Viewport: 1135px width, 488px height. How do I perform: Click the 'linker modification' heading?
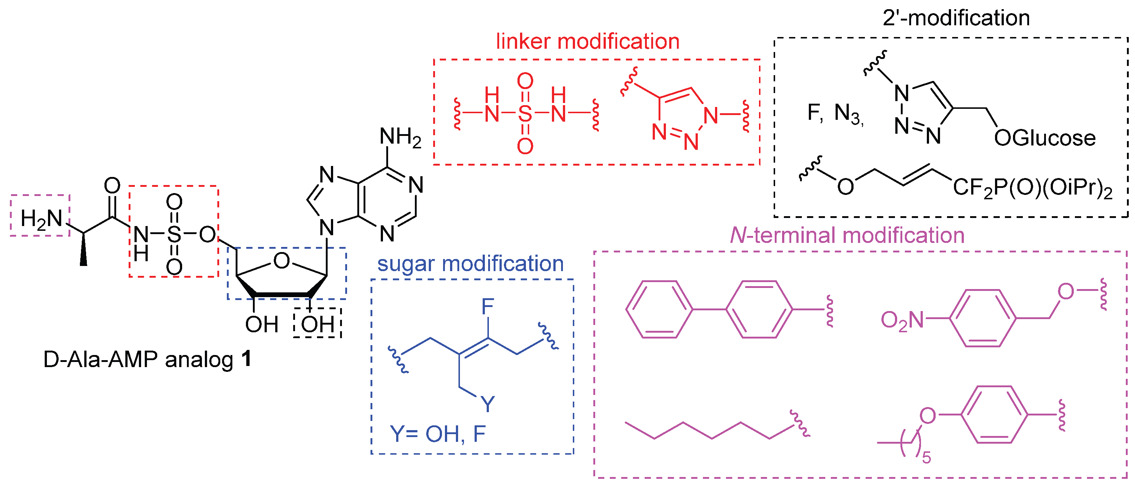tap(587, 42)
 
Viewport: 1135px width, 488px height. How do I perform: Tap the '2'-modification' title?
tap(956, 18)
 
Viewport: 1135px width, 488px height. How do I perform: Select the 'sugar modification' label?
tap(470, 264)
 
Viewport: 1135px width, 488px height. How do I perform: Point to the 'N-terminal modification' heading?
tap(847, 235)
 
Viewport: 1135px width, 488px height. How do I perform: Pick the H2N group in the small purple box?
tap(41, 219)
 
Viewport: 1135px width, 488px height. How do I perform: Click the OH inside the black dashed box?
tap(317, 325)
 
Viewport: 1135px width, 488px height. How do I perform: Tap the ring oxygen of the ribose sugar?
tap(281, 261)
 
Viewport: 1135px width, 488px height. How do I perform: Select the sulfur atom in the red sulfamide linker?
tap(525, 114)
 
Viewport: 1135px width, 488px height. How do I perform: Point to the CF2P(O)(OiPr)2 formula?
tap(1032, 189)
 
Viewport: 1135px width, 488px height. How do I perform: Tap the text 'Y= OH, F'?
tap(438, 434)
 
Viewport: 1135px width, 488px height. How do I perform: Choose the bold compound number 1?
tap(246, 359)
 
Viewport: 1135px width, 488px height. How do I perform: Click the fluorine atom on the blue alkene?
tap(488, 306)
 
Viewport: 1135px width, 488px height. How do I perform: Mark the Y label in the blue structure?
tap(487, 403)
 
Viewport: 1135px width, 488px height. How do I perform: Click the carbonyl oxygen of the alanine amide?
tap(112, 185)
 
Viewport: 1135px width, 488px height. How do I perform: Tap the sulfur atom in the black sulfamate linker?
tap(174, 234)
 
